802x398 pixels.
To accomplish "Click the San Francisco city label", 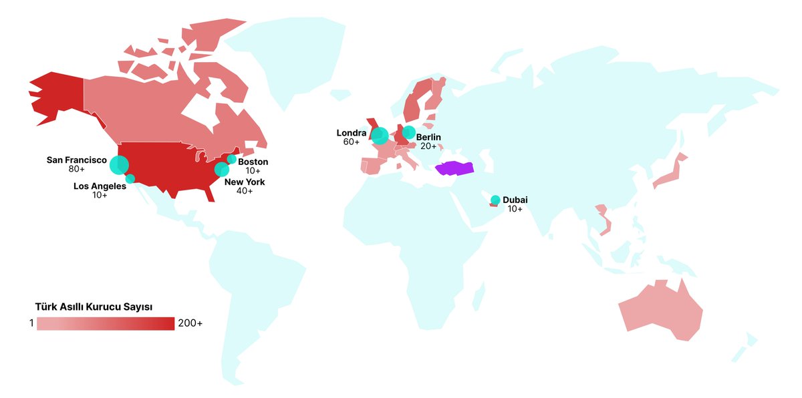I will coord(77,160).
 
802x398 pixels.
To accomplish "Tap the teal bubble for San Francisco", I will coord(120,164).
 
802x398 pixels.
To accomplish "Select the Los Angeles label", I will coord(100,186).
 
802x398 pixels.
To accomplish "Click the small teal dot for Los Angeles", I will coord(130,178).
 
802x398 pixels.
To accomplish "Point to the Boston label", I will coord(253,162).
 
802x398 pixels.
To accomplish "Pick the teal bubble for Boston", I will coord(232,160).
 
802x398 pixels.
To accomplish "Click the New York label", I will coord(245,182).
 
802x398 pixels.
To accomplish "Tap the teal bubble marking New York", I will coord(221,170).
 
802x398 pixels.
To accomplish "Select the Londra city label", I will coord(352,133).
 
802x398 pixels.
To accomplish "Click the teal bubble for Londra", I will coord(380,136).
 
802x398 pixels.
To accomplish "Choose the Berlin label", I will coord(428,138).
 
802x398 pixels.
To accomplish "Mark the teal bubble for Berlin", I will coord(408,132).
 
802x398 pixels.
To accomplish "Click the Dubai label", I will coord(515,200).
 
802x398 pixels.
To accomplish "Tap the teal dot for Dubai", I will coord(495,200).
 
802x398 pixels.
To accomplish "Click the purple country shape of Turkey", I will coord(454,168).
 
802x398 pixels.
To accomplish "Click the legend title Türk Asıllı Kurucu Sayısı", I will coord(94,307).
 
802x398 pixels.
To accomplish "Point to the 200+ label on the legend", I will coord(190,324).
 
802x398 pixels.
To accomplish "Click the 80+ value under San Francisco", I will coord(77,170).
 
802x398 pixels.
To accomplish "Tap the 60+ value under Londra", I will coord(352,142).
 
